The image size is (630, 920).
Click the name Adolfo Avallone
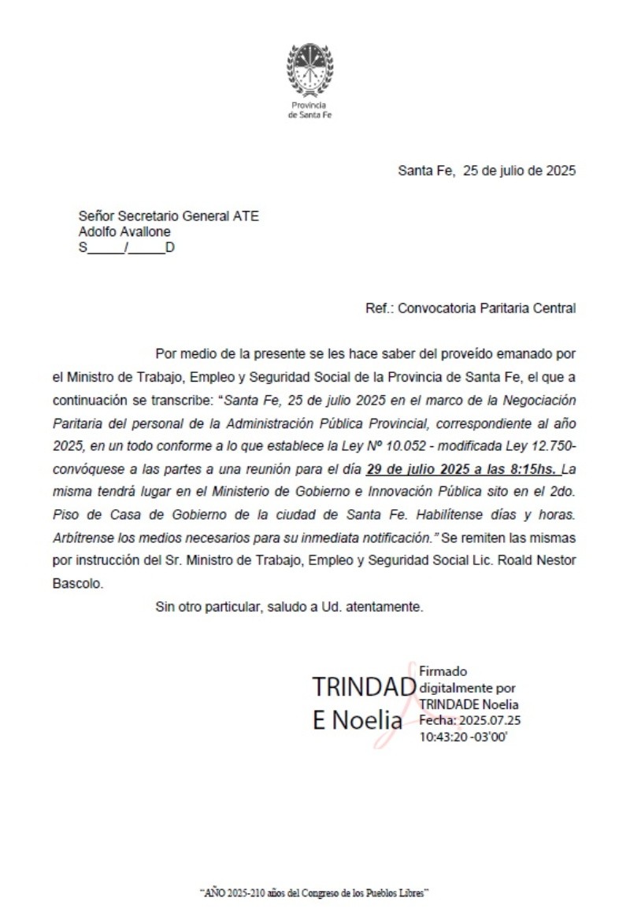coord(124,232)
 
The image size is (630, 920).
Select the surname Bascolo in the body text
coord(79,585)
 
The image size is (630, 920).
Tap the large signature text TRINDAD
coord(363,687)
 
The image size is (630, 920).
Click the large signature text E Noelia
coord(357,720)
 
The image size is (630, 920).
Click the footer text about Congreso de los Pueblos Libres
coord(314,894)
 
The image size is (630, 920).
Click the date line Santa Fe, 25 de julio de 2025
coord(486,171)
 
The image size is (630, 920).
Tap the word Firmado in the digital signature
coord(443,671)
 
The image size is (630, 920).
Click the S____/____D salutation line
coord(126,248)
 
